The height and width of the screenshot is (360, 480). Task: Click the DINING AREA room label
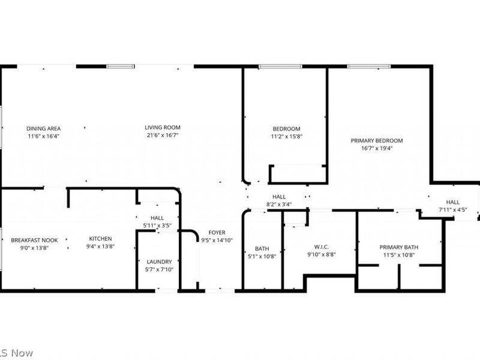(x=43, y=128)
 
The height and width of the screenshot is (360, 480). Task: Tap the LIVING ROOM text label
(x=162, y=127)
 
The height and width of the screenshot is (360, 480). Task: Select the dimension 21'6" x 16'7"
(x=162, y=136)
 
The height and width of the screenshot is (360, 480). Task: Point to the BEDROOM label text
(x=286, y=129)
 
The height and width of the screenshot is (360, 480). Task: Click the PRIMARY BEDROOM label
(x=376, y=140)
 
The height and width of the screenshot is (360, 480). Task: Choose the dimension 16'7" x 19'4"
(x=376, y=148)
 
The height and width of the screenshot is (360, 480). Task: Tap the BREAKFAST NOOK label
(x=34, y=240)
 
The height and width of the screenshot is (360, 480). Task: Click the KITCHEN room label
(x=101, y=238)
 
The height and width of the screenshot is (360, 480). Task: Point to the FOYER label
(x=217, y=232)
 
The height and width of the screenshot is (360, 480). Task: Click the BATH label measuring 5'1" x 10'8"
(x=262, y=248)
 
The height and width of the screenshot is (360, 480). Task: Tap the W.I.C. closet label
(x=321, y=246)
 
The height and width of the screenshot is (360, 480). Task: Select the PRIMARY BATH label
(x=398, y=247)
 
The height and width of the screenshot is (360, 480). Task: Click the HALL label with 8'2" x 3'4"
(x=279, y=196)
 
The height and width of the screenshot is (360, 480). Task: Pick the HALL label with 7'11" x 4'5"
(x=452, y=202)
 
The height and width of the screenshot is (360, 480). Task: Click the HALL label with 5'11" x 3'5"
(x=157, y=218)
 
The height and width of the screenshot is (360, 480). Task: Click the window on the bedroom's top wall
(x=280, y=67)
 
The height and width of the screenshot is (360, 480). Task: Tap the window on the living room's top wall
(x=121, y=66)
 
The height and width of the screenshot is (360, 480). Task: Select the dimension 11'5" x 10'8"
(x=398, y=255)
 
